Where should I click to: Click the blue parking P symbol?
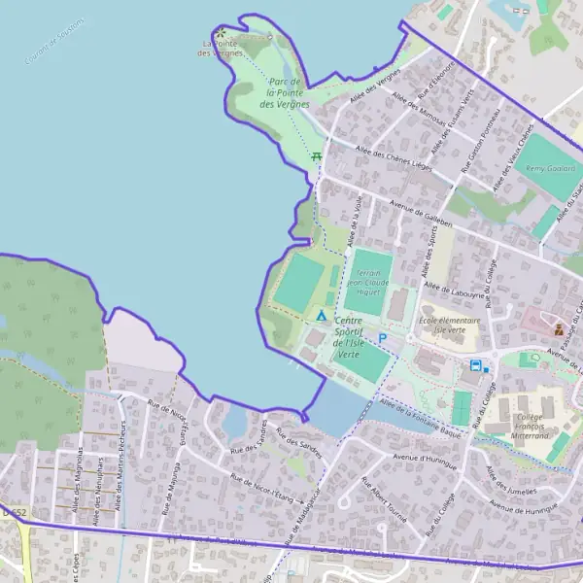point(382,338)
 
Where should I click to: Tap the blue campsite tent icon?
point(322,316)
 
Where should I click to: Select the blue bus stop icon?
point(475,365)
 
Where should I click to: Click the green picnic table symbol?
point(316,155)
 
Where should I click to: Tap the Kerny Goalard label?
point(544,168)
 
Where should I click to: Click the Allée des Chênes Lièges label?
point(394,157)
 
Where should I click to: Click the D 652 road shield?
point(12,512)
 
